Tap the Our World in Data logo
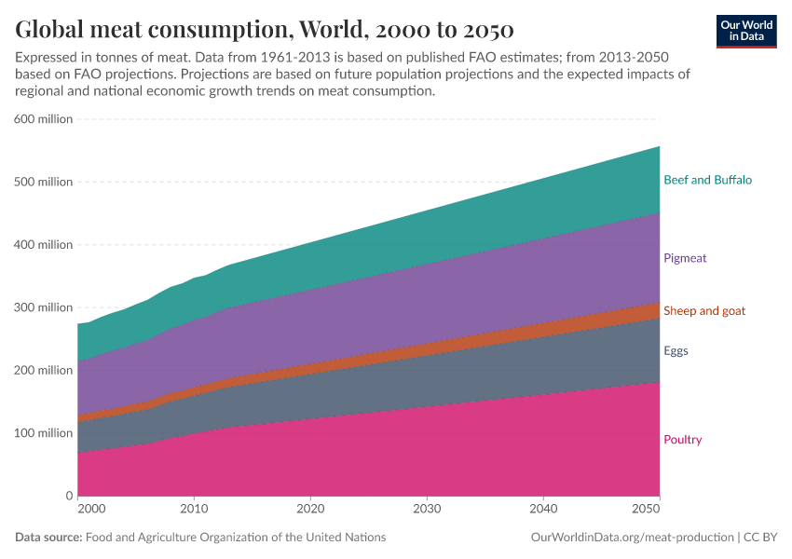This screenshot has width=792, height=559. [746, 31]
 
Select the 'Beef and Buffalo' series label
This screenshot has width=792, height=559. [707, 180]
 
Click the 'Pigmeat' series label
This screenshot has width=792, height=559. [685, 258]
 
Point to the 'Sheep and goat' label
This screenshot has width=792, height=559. [703, 310]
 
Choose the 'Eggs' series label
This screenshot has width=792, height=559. [676, 351]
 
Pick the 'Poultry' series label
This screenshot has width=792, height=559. [683, 440]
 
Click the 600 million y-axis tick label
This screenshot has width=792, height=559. [43, 119]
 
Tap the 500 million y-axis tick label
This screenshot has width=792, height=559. [43, 182]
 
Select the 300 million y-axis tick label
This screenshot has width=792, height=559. [43, 307]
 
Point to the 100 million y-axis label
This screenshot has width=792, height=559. [43, 433]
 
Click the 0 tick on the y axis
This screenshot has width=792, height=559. [68, 496]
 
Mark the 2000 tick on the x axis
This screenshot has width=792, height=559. [90, 510]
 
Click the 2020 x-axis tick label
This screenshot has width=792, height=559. [310, 510]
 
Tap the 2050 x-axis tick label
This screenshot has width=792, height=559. [646, 510]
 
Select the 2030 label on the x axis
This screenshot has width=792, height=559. [427, 510]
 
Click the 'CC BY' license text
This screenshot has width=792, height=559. [760, 538]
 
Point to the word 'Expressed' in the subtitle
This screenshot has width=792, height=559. [46, 57]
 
